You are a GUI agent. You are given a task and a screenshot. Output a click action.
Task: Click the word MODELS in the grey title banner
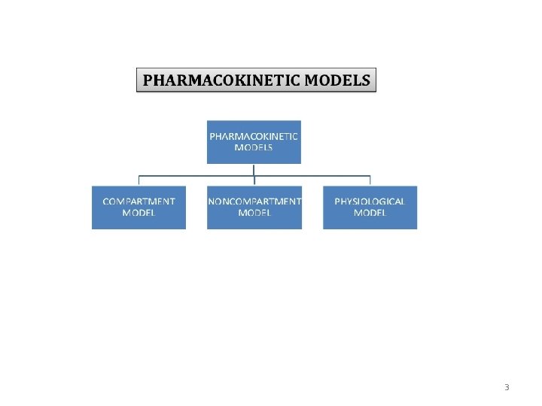(x=339, y=80)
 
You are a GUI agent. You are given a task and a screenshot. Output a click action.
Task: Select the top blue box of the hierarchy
(x=254, y=142)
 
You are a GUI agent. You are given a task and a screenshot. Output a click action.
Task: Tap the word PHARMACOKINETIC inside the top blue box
(x=254, y=136)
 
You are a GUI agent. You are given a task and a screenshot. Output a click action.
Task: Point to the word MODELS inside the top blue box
(x=254, y=148)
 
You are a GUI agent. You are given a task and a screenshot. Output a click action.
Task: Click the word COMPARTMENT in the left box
(x=139, y=201)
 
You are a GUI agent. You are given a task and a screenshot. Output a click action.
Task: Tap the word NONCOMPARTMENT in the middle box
(x=254, y=201)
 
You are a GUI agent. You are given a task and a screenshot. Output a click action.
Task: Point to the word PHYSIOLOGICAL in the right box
(x=370, y=201)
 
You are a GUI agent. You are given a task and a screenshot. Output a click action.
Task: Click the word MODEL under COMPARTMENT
(x=139, y=214)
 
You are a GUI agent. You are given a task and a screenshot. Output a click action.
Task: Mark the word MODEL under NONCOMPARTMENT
(x=254, y=214)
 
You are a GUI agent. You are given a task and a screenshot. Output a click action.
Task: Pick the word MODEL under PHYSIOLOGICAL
(x=370, y=214)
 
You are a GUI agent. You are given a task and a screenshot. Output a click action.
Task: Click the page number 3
(x=507, y=388)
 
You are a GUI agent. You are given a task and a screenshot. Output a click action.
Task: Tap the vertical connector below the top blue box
(x=254, y=169)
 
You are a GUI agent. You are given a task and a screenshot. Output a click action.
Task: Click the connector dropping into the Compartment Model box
(x=139, y=180)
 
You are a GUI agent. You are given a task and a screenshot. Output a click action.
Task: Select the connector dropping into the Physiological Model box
(x=370, y=180)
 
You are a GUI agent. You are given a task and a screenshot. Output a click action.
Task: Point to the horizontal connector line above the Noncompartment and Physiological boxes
(x=312, y=176)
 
